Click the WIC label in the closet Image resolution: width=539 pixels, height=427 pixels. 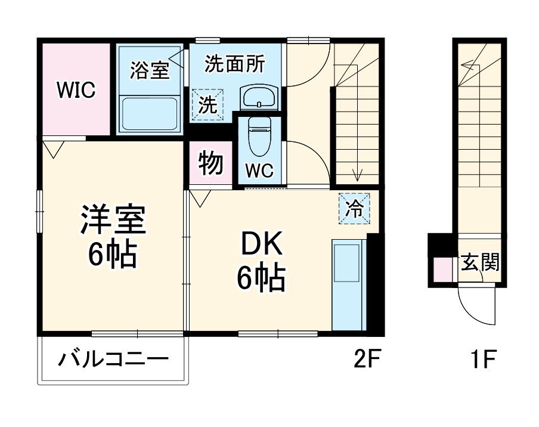click(76, 91)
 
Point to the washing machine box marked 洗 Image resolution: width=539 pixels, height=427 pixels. click(208, 105)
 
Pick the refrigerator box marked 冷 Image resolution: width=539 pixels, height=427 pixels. click(355, 209)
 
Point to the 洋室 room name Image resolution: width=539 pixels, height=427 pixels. click(113, 220)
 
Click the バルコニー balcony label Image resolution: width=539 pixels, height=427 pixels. click(113, 360)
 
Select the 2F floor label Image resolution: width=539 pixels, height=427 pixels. click(366, 360)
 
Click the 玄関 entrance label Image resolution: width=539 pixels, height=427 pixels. click(479, 263)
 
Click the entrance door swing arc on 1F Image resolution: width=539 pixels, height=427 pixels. click(477, 307)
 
